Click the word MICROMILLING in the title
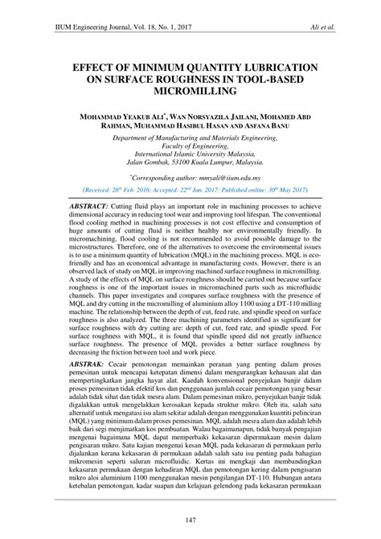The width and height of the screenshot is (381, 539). (x=190, y=93)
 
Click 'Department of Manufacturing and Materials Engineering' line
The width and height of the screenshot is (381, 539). (x=190, y=138)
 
